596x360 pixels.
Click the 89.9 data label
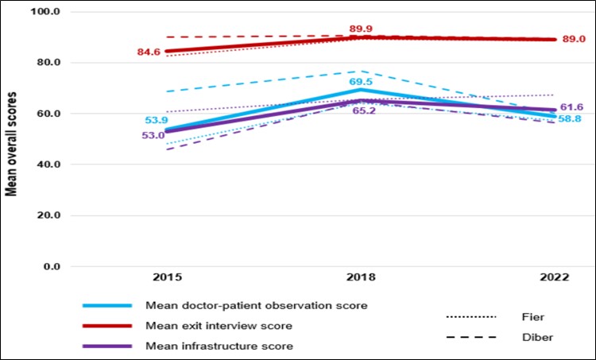pos(362,29)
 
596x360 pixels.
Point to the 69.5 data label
pos(362,82)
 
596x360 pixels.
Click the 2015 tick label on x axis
pos(168,278)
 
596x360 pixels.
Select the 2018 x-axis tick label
pos(362,278)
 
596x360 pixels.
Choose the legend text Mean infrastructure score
pos(219,346)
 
